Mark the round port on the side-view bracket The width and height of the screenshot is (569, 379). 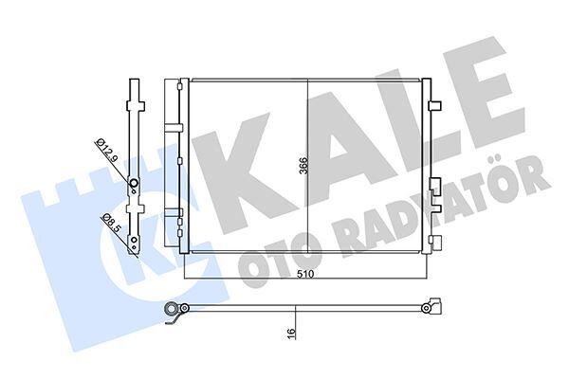click(134, 186)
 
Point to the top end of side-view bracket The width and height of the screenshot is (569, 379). click(133, 83)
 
